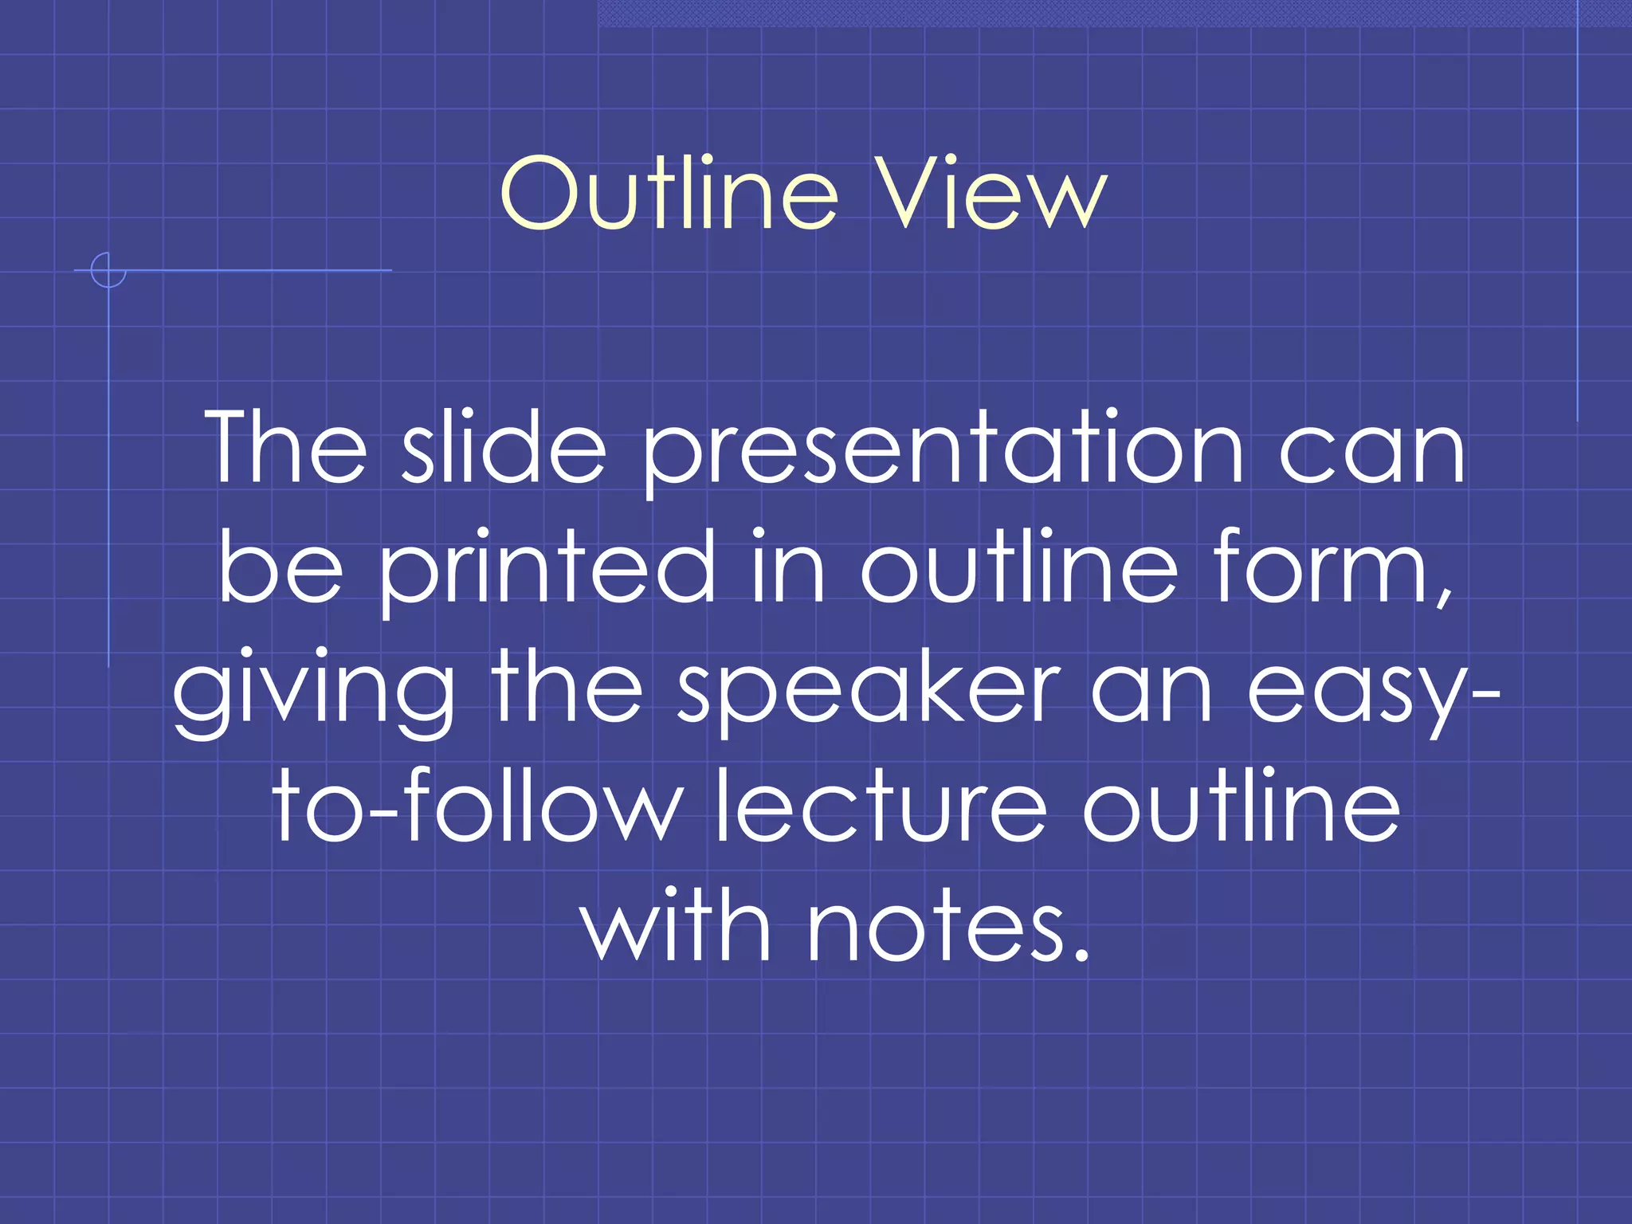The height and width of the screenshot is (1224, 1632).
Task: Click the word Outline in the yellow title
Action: [669, 193]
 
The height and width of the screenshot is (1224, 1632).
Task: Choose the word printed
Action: [547, 568]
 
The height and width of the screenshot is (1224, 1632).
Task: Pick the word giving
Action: [314, 689]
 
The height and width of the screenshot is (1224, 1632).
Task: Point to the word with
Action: [677, 924]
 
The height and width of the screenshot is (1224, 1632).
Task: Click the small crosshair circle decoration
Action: [108, 270]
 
